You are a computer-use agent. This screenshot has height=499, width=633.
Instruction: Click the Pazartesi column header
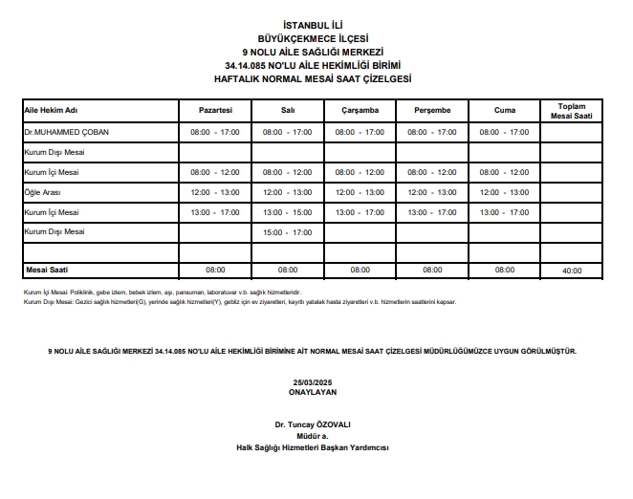(215, 111)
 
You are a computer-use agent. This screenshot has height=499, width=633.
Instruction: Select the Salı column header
(288, 111)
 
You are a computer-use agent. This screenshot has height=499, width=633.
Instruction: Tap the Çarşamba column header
(360, 111)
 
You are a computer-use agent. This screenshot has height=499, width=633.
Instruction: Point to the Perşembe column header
(432, 111)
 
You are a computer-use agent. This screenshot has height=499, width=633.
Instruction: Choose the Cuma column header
(504, 111)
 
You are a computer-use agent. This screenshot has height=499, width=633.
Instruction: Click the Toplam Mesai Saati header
(572, 110)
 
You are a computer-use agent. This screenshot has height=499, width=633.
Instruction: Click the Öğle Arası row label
(42, 192)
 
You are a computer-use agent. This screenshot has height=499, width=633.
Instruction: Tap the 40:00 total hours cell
(572, 271)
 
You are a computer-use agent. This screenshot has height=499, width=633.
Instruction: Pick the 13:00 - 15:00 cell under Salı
(288, 212)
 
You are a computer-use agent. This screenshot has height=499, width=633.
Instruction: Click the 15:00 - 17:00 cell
(288, 232)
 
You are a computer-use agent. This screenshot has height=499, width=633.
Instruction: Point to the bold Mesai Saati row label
(47, 270)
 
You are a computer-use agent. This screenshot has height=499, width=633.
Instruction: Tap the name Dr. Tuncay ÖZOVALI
(312, 424)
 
